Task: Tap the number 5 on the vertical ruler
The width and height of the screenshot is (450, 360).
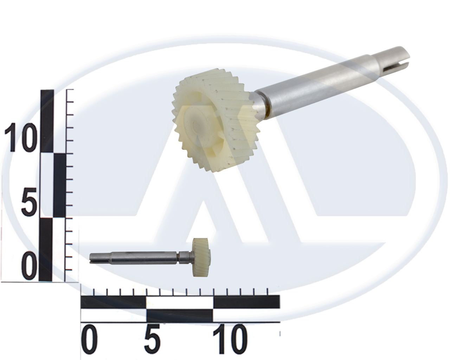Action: click(x=29, y=202)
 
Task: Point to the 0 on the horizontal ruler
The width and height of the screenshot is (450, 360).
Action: click(x=89, y=338)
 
